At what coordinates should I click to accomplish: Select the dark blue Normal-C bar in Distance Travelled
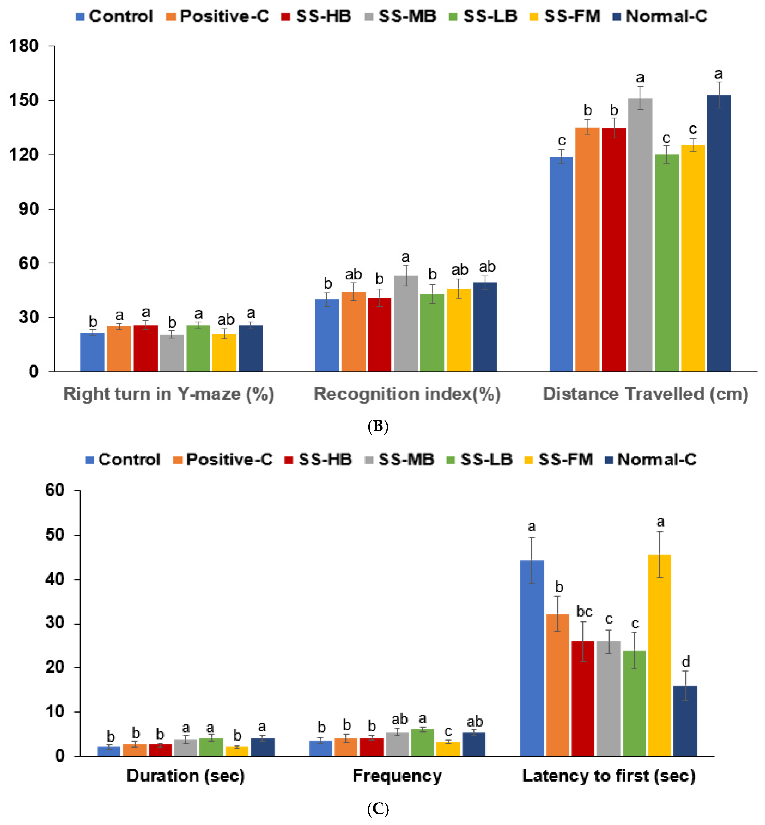coord(719,234)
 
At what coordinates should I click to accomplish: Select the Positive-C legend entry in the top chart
coord(218,16)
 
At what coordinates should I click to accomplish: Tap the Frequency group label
coord(397,776)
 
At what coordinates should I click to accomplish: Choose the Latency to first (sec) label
coord(609,776)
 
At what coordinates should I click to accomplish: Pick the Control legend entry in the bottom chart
coord(123,459)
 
